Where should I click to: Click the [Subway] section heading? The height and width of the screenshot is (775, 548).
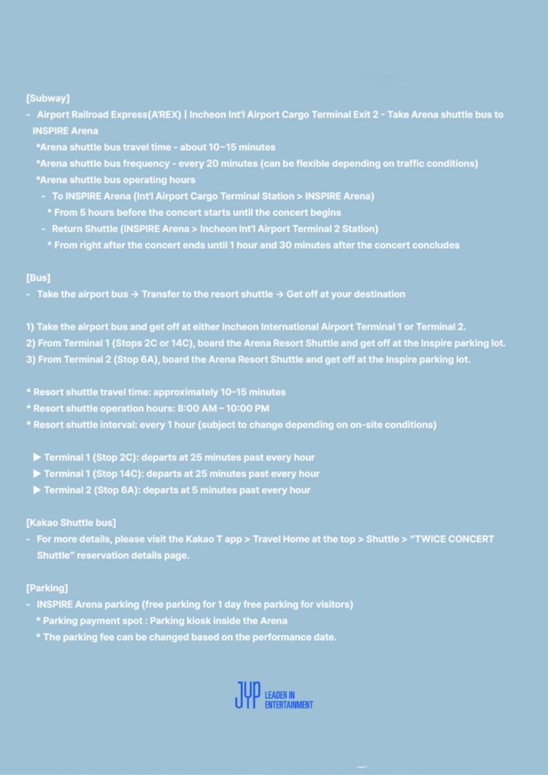pyautogui.click(x=48, y=98)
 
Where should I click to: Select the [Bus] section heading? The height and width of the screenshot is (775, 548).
pyautogui.click(x=38, y=278)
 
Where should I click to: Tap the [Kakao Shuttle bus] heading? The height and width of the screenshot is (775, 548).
pyautogui.click(x=71, y=523)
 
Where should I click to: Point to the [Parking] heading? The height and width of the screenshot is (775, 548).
pyautogui.click(x=47, y=588)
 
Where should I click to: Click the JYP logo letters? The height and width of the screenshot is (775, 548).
pyautogui.click(x=248, y=695)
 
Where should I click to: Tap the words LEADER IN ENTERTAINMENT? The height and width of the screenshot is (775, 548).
pyautogui.click(x=288, y=700)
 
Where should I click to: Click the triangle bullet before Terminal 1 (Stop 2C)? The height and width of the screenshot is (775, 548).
pyautogui.click(x=37, y=457)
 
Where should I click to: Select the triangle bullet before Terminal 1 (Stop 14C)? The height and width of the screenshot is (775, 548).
pyautogui.click(x=37, y=474)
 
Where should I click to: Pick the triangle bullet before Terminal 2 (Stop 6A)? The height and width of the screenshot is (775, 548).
pyautogui.click(x=37, y=490)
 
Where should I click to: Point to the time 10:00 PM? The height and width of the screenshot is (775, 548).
pyautogui.click(x=247, y=409)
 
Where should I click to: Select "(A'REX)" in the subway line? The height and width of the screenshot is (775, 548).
pyautogui.click(x=164, y=115)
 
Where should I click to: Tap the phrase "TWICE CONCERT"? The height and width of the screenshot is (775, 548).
pyautogui.click(x=454, y=539)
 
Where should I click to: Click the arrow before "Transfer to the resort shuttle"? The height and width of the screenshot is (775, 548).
pyautogui.click(x=134, y=294)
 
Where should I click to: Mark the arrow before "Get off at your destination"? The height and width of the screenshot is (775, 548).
pyautogui.click(x=280, y=294)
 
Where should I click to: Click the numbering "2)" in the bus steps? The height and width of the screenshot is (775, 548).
pyautogui.click(x=31, y=343)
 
